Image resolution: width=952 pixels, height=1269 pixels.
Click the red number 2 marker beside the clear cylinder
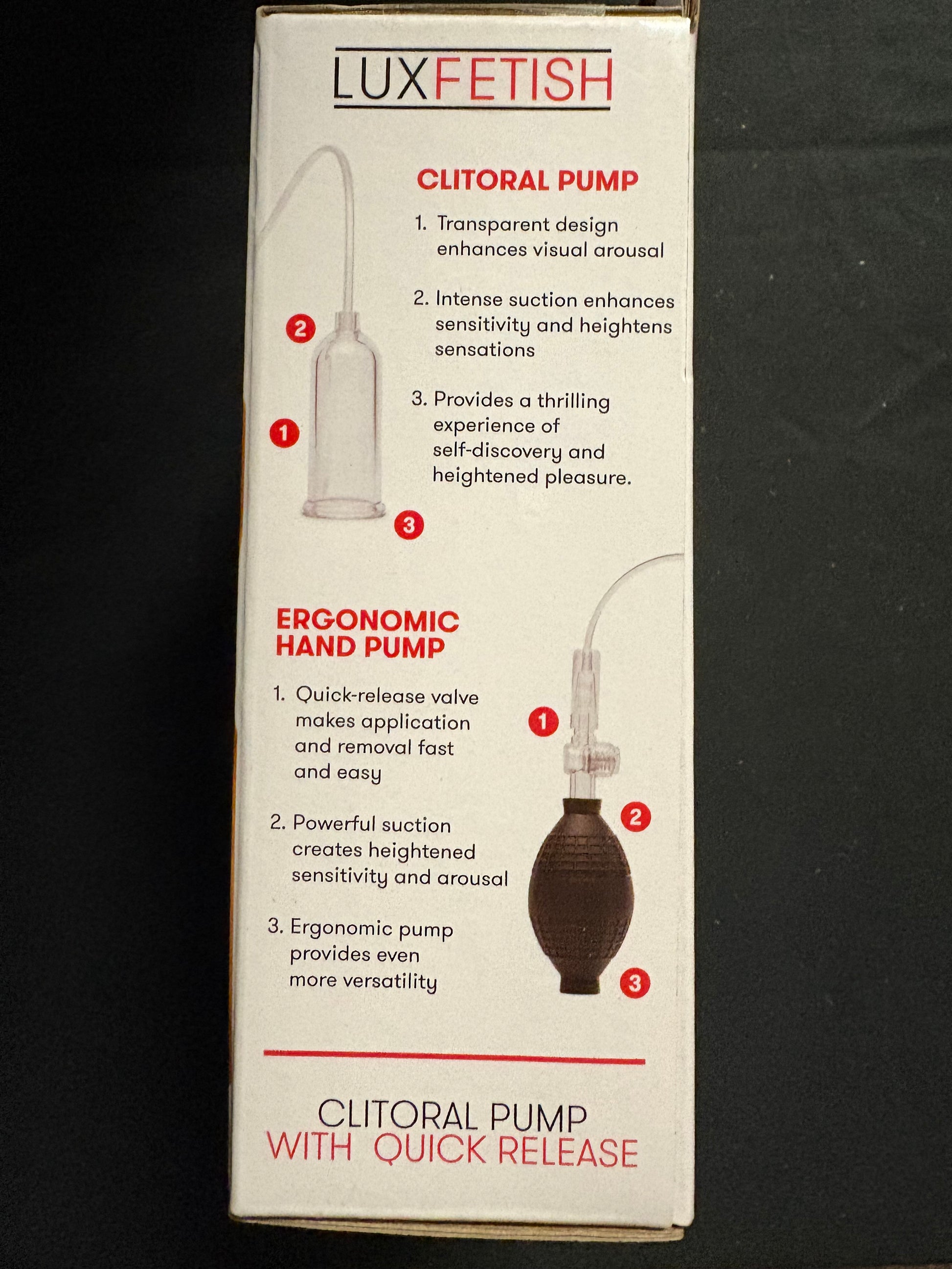pyautogui.click(x=301, y=329)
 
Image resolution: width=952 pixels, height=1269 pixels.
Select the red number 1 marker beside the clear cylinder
pyautogui.click(x=285, y=433)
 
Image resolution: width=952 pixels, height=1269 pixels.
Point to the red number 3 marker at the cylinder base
pyautogui.click(x=409, y=524)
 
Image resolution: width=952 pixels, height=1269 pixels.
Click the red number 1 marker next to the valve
pyautogui.click(x=544, y=721)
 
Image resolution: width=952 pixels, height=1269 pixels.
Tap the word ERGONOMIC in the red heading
pyautogui.click(x=368, y=620)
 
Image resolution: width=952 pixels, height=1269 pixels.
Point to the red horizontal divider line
pyautogui.click(x=454, y=1057)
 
